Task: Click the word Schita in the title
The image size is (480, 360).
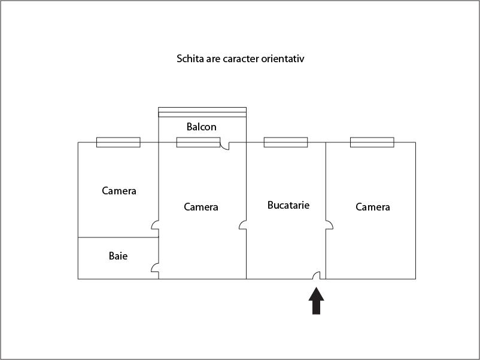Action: click(x=190, y=59)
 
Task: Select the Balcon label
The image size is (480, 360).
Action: click(x=202, y=127)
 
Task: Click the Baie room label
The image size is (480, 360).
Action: click(x=118, y=256)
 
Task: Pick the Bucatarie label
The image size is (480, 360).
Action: click(x=288, y=205)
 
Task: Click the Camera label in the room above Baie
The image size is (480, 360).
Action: click(x=119, y=191)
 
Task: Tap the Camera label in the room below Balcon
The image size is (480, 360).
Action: click(x=201, y=207)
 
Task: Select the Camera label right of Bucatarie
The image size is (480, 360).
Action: click(x=373, y=207)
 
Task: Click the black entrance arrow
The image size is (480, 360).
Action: click(x=316, y=301)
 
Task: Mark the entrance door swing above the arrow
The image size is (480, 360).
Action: click(x=317, y=275)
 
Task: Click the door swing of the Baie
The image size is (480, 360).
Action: click(x=155, y=268)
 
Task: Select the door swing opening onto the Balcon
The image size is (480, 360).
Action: click(x=224, y=146)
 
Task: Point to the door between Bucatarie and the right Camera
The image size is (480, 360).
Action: click(x=329, y=225)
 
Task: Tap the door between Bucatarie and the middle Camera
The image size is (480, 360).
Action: click(x=243, y=225)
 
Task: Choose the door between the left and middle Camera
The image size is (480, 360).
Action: click(x=155, y=225)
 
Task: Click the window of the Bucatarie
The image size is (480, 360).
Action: click(x=285, y=142)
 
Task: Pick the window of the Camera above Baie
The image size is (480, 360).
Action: click(x=119, y=142)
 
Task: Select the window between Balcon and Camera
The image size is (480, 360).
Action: click(x=198, y=142)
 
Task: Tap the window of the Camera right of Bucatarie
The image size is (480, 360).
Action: click(x=372, y=142)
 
